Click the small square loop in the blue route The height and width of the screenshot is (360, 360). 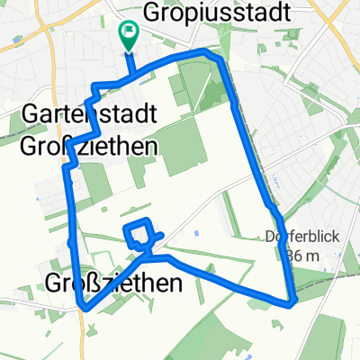[x=138, y=233]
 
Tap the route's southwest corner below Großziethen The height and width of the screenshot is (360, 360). [x=85, y=307]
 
